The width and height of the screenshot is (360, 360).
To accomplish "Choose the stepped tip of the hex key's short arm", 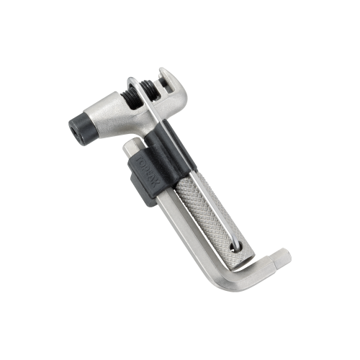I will pos(286,256).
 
